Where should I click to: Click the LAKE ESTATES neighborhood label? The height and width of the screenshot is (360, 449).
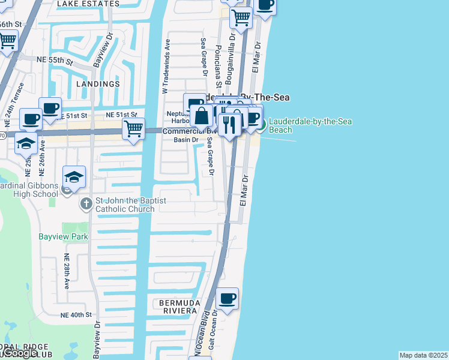tap(88, 4)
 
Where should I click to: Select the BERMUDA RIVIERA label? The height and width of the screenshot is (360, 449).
tap(179, 306)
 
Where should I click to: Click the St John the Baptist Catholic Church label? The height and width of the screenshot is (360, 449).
tap(125, 205)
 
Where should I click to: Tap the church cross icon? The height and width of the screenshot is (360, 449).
tap(86, 204)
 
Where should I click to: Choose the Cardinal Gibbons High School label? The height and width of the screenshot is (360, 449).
tap(29, 190)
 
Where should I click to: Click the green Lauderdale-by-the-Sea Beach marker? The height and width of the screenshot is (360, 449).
tap(261, 125)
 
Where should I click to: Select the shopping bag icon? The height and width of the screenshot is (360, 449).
tap(202, 115)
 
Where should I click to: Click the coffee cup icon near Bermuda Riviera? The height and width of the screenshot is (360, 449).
tap(228, 299)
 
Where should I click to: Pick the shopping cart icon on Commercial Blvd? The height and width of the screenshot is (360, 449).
tap(133, 127)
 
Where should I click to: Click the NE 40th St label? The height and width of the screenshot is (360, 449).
tap(76, 314)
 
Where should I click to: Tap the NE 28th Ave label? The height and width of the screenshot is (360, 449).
tap(67, 270)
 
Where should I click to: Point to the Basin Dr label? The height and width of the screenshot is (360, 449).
tap(185, 140)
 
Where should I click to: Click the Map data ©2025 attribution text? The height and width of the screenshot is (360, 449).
tap(424, 355)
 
